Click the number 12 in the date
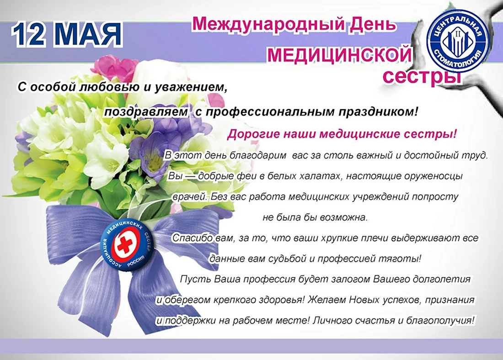30,34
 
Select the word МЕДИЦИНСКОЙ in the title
339,54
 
